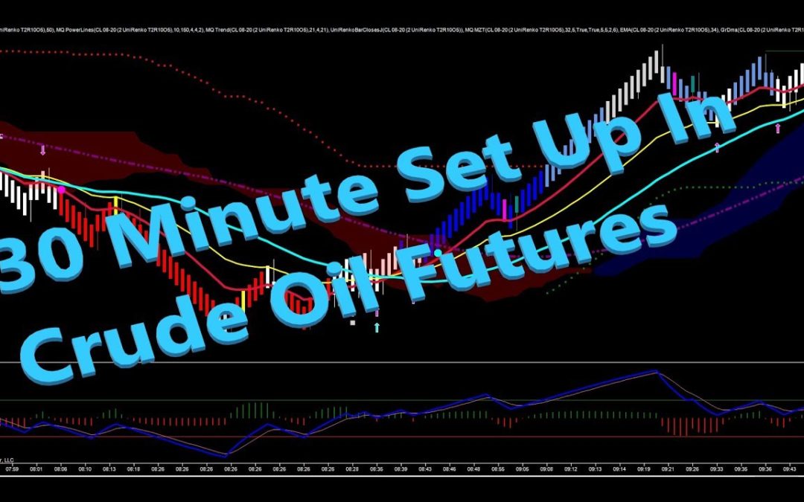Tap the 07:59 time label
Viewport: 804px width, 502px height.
tap(13, 469)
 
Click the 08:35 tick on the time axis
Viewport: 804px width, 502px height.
tap(377, 469)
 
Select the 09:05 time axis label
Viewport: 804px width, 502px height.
tap(523, 469)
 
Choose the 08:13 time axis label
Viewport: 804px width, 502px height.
tap(109, 469)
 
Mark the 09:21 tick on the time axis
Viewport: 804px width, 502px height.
tap(669, 469)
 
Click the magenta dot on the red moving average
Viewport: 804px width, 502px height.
tap(61, 190)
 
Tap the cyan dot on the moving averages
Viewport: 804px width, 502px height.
tap(438, 253)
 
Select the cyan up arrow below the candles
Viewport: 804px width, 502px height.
tap(377, 327)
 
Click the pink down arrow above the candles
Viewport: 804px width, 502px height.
tap(42, 150)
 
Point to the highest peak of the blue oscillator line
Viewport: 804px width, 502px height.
tap(656, 371)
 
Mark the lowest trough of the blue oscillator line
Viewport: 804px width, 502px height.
tap(226, 454)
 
